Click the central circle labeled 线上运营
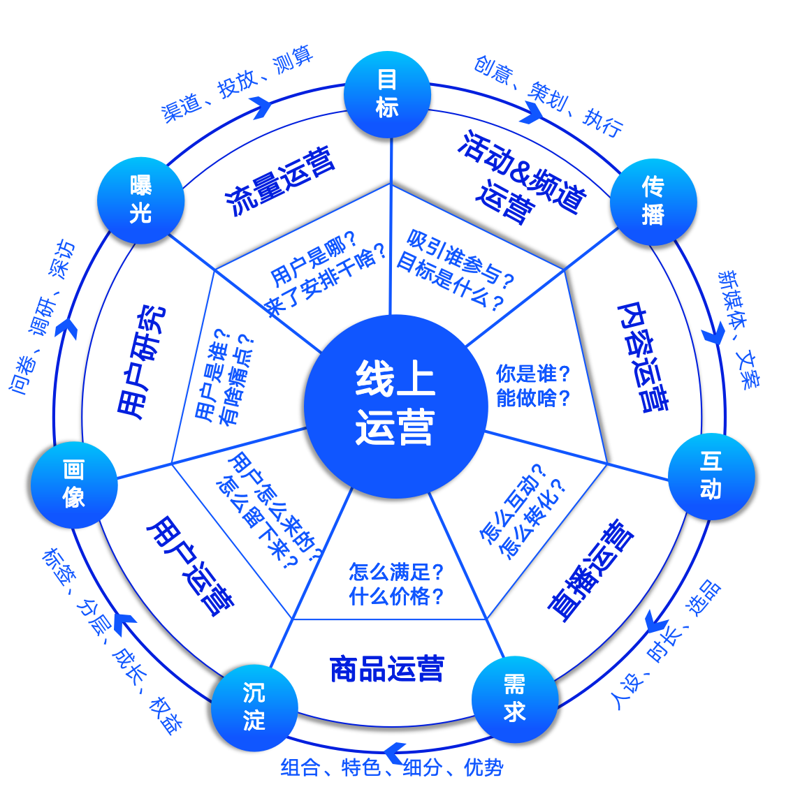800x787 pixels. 395,406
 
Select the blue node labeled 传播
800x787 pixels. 653,201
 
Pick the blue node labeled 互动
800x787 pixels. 711,476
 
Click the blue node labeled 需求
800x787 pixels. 515,699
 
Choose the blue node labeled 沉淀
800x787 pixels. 254,707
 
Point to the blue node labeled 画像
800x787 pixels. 74,485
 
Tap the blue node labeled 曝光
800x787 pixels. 140,200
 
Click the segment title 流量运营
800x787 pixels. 280,180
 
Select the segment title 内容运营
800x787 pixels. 643,357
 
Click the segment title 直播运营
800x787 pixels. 590,570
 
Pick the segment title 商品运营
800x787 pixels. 386,669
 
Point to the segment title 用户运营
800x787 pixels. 189,566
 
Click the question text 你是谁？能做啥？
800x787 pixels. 533,385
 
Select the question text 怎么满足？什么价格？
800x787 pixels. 396,584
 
